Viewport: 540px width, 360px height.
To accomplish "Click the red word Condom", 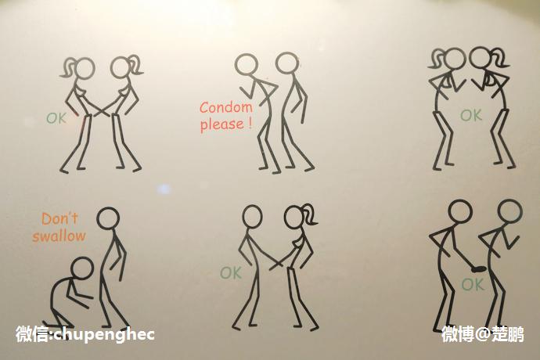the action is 226,107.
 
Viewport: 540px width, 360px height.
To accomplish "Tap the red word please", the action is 222,124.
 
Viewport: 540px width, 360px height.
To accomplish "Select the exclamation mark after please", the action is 250,124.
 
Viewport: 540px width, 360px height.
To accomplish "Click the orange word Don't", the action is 60,218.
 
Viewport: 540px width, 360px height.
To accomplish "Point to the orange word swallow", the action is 59,236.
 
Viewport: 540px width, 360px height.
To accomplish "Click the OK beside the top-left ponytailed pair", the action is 56,118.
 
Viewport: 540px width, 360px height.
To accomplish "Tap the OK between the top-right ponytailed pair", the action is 471,115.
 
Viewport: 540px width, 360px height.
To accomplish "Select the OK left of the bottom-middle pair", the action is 230,273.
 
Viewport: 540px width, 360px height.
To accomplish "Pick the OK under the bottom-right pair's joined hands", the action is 473,285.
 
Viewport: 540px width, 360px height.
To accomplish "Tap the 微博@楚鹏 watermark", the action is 483,334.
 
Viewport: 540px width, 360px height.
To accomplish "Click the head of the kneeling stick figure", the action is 82,268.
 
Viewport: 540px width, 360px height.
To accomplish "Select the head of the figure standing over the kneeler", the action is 108,218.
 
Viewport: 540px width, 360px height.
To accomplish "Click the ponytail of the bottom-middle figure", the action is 310,214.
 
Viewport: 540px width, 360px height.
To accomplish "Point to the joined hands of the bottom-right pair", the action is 477,269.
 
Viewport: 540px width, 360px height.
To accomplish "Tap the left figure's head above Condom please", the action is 247,64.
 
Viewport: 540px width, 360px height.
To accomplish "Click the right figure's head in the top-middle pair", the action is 287,63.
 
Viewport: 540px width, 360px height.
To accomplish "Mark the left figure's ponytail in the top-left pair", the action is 69,67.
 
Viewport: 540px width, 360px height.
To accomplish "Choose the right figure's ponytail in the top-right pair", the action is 500,57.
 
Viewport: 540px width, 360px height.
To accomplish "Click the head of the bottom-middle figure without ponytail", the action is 252,216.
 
